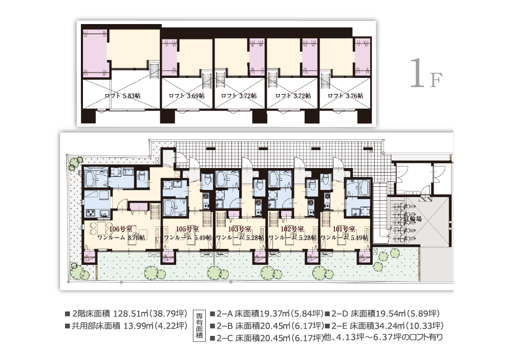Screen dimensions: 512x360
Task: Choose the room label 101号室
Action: click(344, 229)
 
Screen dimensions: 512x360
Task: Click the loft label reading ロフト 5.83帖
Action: click(122, 96)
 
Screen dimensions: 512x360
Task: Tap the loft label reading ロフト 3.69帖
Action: click(186, 96)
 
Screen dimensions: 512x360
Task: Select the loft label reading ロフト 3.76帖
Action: click(346, 96)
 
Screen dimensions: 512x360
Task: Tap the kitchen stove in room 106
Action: click(91, 214)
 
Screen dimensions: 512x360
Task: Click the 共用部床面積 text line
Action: click(126, 326)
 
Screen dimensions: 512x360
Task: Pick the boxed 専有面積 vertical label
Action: click(200, 325)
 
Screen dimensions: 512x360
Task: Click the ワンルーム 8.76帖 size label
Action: click(121, 238)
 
